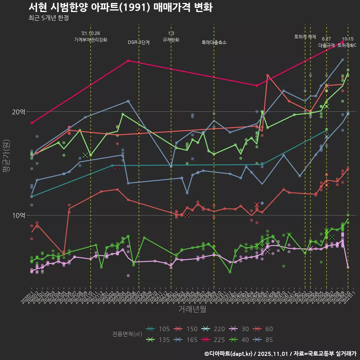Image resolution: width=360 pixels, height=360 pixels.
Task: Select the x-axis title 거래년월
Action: point(192,309)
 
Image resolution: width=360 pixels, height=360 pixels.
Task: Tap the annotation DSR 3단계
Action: point(139,42)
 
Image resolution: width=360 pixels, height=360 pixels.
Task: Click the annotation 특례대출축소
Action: point(214,42)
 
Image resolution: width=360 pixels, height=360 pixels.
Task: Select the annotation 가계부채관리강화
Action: point(91,39)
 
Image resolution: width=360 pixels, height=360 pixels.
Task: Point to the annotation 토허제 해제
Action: point(305,37)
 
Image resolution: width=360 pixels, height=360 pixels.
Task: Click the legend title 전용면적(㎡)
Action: point(127,334)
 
